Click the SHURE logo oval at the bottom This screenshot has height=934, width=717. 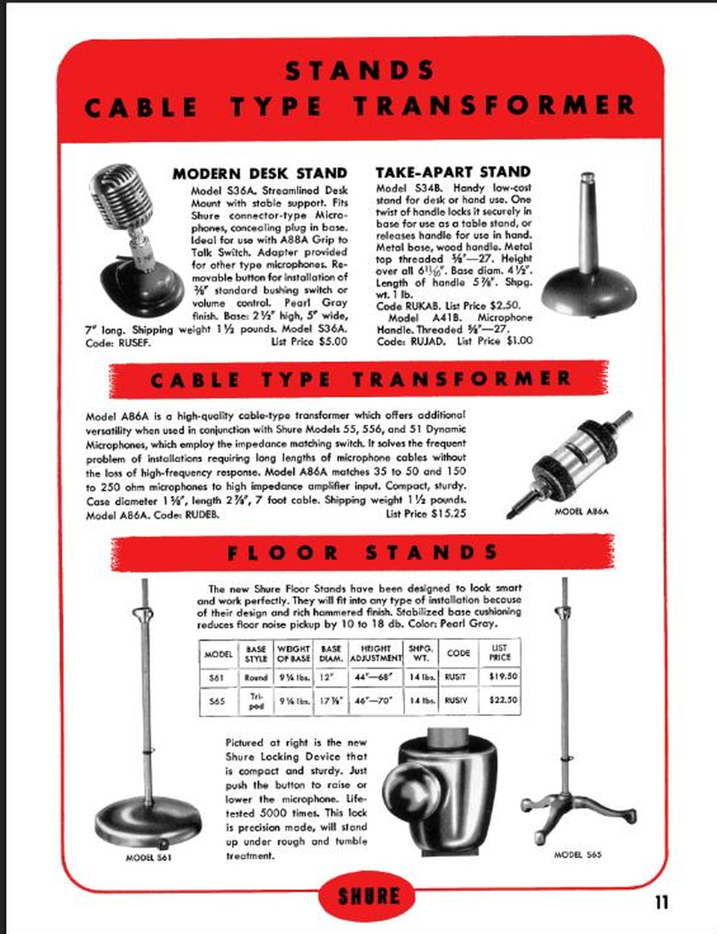(367, 896)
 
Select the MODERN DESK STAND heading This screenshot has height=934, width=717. (260, 173)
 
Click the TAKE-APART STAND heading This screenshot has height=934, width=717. (453, 172)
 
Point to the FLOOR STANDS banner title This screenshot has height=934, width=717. (362, 553)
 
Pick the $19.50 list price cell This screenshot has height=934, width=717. (503, 677)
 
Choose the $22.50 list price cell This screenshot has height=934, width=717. (503, 700)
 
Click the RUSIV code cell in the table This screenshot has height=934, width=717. (456, 700)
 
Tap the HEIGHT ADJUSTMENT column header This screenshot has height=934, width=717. (376, 653)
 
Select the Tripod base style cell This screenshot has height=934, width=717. (256, 701)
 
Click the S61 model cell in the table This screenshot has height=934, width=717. (216, 678)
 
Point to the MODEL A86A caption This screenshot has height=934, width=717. (581, 512)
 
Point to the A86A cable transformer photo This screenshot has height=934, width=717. (570, 464)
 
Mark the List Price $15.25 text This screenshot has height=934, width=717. (426, 514)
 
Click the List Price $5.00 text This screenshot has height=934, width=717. (309, 341)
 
